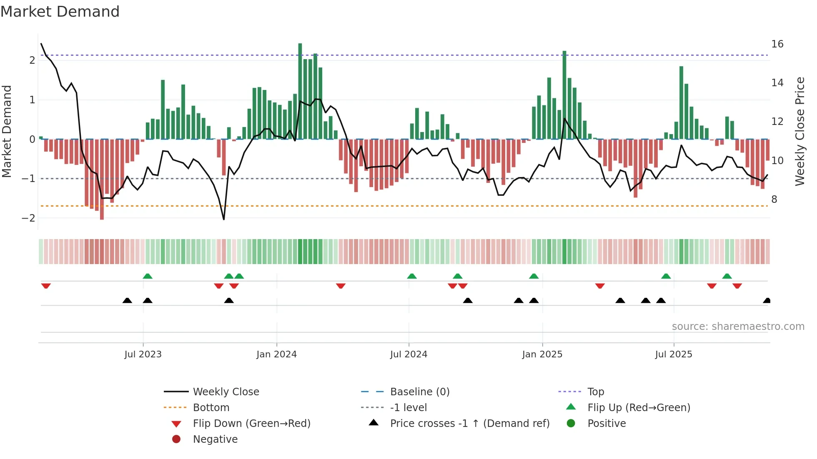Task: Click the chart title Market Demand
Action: pos(60,12)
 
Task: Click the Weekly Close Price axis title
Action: pos(799,131)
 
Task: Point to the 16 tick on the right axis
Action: pos(777,44)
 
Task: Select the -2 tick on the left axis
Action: pos(28,218)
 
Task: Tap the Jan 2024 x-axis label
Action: pos(276,354)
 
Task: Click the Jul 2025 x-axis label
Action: pos(673,354)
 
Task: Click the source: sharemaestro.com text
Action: pos(738,327)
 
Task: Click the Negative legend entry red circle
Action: pos(176,439)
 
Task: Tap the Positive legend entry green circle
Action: pos(571,424)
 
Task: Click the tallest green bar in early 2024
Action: pos(300,92)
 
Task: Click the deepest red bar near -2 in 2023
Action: pos(102,179)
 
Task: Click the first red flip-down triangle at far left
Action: pos(46,286)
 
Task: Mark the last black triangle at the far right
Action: pos(767,300)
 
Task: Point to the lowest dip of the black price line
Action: pos(224,219)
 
